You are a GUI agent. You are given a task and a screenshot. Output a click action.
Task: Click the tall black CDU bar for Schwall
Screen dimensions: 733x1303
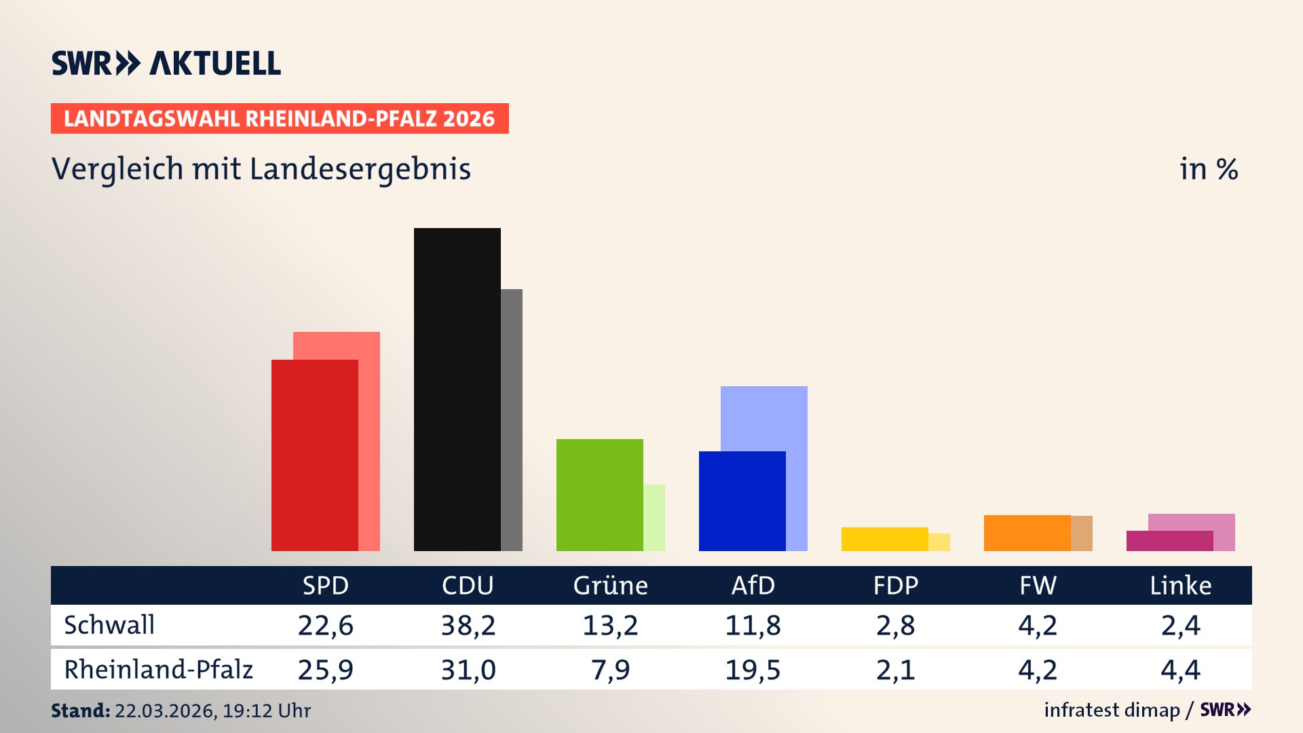(x=457, y=389)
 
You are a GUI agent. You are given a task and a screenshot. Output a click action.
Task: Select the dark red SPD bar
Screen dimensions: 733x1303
(x=314, y=455)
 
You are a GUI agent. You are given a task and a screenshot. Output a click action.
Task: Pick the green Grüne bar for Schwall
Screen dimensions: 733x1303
(x=599, y=495)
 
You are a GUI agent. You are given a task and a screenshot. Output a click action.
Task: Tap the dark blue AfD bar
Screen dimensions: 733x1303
(x=742, y=501)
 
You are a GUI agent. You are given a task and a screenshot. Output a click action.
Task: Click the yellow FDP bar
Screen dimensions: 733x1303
(x=884, y=539)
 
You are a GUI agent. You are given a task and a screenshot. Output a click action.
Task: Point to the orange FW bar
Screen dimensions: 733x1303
(x=1027, y=533)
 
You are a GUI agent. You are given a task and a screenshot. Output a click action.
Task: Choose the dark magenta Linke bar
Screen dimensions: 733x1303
(x=1169, y=541)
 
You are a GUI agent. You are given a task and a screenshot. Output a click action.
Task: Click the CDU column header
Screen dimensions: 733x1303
(x=468, y=585)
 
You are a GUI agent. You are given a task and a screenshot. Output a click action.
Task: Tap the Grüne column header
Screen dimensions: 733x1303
(x=610, y=585)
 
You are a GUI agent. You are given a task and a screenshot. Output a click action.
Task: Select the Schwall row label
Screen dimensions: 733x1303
(x=109, y=625)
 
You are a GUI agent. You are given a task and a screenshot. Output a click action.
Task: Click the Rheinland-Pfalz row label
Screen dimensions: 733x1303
(x=158, y=669)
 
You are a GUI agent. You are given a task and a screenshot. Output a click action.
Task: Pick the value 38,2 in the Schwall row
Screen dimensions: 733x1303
(x=468, y=625)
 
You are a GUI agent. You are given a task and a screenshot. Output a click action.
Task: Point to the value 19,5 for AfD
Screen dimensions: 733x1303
(x=753, y=670)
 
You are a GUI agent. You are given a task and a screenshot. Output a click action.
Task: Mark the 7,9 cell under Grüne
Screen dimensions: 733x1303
(x=610, y=670)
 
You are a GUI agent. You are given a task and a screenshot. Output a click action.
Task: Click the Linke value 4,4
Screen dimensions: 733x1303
(x=1180, y=670)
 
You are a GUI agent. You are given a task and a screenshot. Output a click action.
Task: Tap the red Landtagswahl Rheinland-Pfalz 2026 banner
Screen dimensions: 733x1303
(x=280, y=119)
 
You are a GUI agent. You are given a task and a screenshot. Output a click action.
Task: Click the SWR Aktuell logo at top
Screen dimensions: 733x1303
(x=166, y=64)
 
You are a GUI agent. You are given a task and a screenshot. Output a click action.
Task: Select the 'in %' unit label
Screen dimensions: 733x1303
(x=1208, y=169)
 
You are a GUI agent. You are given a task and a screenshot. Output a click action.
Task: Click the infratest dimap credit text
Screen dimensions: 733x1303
(x=1112, y=710)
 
